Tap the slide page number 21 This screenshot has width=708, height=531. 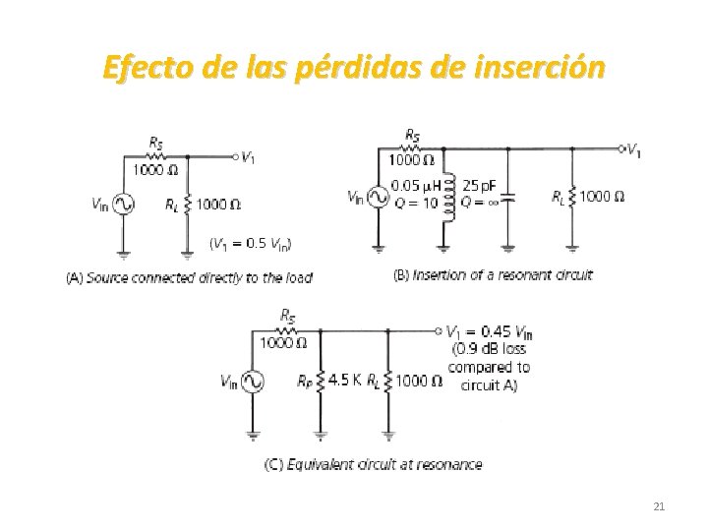click(659, 506)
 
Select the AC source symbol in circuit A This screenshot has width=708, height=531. click(124, 204)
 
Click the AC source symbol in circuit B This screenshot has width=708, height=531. click(378, 197)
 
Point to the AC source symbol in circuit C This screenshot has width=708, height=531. click(253, 380)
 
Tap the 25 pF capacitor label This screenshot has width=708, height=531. click(479, 184)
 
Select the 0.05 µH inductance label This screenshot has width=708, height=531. click(417, 184)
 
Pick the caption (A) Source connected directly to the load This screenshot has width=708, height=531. click(189, 277)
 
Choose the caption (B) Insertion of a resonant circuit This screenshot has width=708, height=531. click(493, 274)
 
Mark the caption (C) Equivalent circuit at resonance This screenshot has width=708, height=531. click(373, 463)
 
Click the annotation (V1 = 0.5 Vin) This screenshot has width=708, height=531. click(251, 242)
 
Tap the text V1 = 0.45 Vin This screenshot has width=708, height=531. click(490, 331)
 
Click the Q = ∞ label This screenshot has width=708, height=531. click(482, 203)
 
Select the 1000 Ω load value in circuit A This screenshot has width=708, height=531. click(218, 205)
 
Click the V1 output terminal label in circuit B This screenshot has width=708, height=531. click(634, 150)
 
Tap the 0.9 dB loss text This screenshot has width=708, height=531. click(489, 348)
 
